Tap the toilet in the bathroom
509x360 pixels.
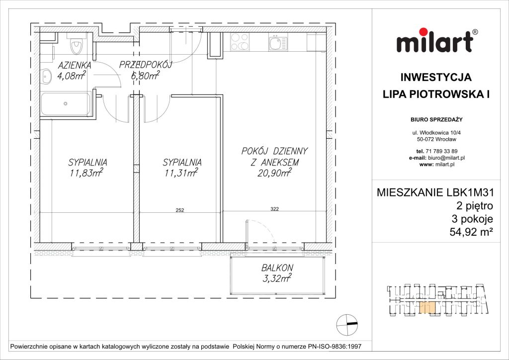(76, 46)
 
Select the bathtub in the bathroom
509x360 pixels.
(66, 104)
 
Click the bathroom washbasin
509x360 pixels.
(46, 76)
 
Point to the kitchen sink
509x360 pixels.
(276, 44)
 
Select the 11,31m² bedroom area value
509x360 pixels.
(182, 173)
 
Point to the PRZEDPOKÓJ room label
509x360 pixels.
(145, 65)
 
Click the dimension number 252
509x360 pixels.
(180, 210)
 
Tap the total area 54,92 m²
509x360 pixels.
(459, 230)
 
